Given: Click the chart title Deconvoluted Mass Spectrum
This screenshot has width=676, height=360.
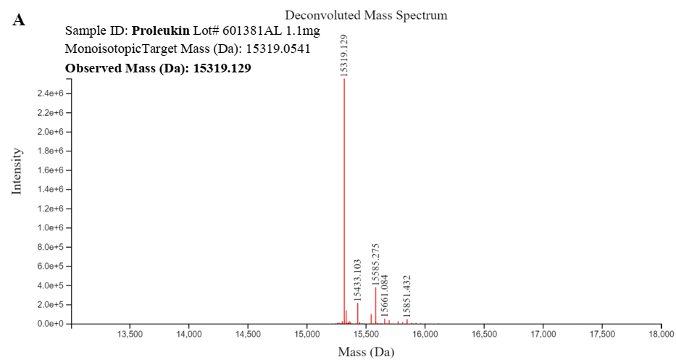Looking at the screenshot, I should pyautogui.click(x=366, y=15).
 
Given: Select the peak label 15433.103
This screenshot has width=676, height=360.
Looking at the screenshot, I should pyautogui.click(x=357, y=280).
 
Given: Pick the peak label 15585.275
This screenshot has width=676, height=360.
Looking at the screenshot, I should pyautogui.click(x=375, y=264).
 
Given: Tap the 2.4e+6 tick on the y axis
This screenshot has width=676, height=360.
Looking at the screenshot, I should pyautogui.click(x=51, y=93).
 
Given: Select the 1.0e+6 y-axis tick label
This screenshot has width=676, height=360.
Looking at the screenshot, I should pyautogui.click(x=51, y=227).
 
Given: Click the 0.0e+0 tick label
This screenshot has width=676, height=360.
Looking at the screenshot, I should pyautogui.click(x=51, y=323).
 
